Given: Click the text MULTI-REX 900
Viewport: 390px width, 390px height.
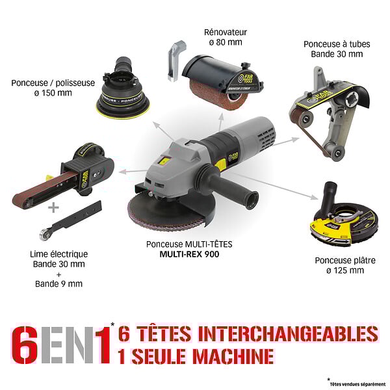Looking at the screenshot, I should coord(189,254).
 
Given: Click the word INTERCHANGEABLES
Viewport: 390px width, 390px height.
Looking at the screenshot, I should coord(287,333).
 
